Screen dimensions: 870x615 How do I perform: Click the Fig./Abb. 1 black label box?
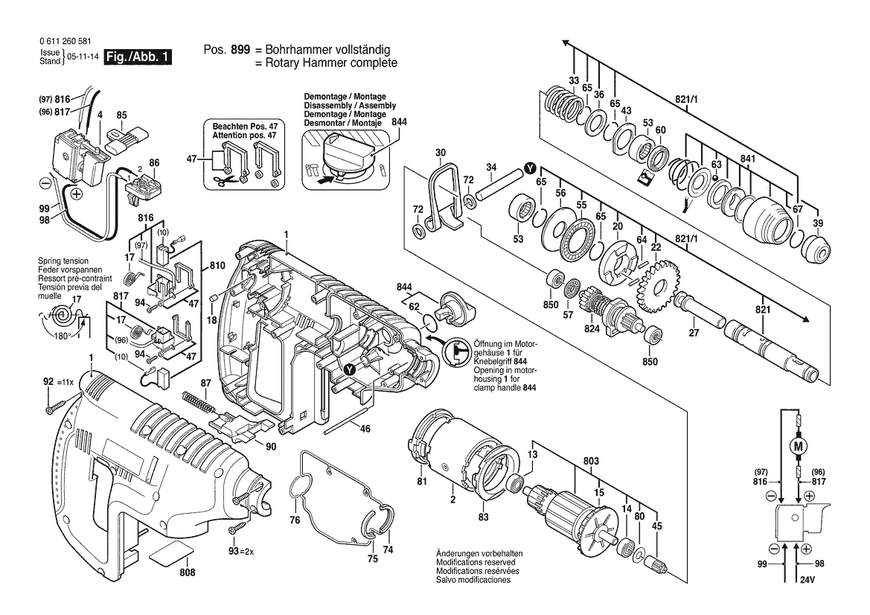click(138, 57)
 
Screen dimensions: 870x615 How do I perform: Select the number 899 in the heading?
click(240, 49)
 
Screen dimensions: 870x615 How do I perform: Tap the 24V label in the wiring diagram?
click(808, 580)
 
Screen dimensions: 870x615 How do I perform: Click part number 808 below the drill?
click(188, 572)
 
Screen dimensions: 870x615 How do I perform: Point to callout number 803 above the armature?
click(591, 461)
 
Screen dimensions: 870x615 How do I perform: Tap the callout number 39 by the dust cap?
click(818, 223)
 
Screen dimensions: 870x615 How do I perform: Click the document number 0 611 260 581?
click(65, 41)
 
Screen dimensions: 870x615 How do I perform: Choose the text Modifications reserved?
click(476, 562)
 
